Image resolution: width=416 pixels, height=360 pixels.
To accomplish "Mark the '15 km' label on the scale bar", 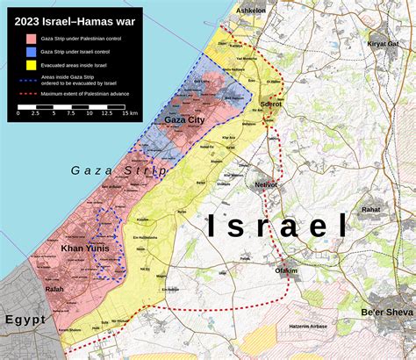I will [129, 113].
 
